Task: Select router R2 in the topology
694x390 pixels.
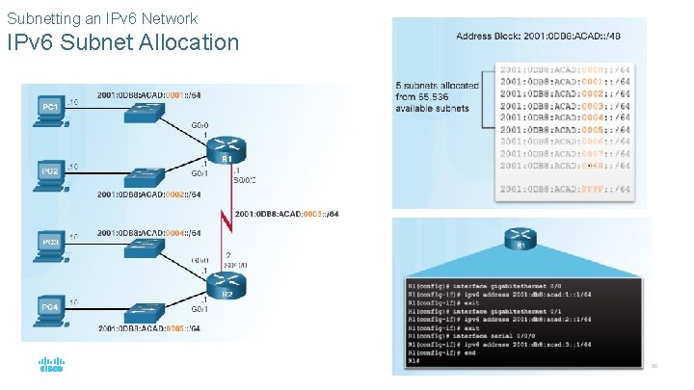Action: pos(227,283)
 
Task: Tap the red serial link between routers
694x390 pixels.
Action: pos(226,220)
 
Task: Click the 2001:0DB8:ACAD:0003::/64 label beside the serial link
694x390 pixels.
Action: pos(285,213)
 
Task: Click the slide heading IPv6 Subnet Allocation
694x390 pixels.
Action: pos(122,42)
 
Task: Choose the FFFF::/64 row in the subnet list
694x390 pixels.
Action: pos(565,190)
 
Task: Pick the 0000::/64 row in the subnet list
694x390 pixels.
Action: pos(565,70)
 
